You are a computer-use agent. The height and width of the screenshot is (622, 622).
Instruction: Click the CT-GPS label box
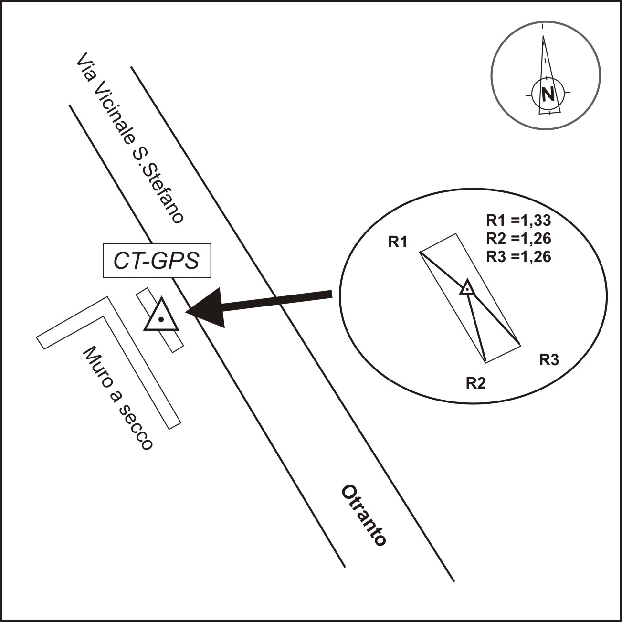[x=157, y=260]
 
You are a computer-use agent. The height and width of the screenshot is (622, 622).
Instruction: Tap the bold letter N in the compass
[x=548, y=94]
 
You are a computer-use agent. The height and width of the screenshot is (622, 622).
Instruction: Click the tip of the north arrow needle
[x=543, y=36]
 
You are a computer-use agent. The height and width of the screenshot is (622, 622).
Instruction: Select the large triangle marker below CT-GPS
[x=161, y=315]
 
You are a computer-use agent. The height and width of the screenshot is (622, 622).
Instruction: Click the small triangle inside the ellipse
[x=467, y=288]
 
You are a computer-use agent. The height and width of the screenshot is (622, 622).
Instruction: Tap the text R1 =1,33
[x=518, y=221]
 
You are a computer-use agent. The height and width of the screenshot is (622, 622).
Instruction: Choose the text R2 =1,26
[x=518, y=239]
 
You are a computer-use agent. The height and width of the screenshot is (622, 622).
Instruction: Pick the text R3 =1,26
[x=518, y=257]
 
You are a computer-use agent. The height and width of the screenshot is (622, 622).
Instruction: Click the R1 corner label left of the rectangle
[x=397, y=242]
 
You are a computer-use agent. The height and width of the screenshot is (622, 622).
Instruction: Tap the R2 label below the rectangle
[x=475, y=383]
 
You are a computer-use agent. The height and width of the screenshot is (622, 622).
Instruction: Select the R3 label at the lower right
[x=549, y=360]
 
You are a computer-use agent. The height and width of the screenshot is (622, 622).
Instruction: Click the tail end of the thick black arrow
[x=332, y=294]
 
